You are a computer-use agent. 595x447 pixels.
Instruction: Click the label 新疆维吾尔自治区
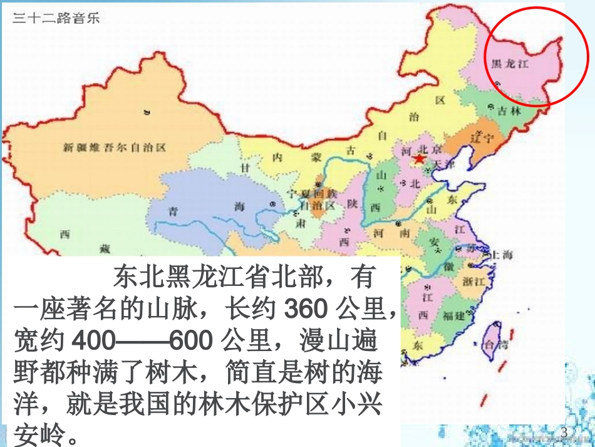point(114,148)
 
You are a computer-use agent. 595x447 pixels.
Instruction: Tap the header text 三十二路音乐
point(56,18)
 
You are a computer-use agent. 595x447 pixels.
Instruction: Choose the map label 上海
point(502,254)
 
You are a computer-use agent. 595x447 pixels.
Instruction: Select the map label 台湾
point(492,344)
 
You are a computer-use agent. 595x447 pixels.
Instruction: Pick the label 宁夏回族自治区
point(311,199)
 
